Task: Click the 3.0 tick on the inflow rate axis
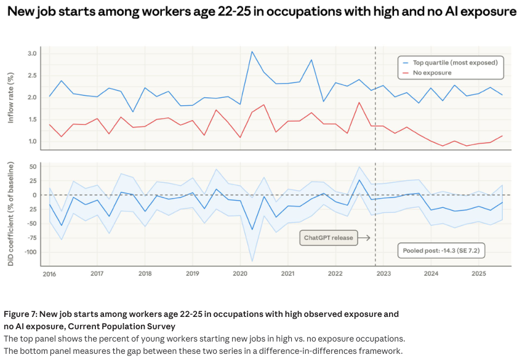[32, 54]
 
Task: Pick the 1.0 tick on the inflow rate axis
[32, 142]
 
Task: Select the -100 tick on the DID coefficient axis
[28, 252]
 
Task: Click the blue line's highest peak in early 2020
[252, 52]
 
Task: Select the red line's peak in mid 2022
[359, 102]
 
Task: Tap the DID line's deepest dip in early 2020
[252, 230]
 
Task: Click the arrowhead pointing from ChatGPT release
[367, 237]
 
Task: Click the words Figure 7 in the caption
[23, 314]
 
